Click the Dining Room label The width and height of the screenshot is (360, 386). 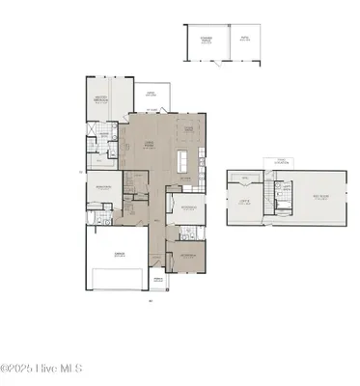(189, 128)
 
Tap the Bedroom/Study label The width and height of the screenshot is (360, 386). (104, 187)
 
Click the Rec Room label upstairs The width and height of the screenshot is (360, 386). (318, 200)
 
